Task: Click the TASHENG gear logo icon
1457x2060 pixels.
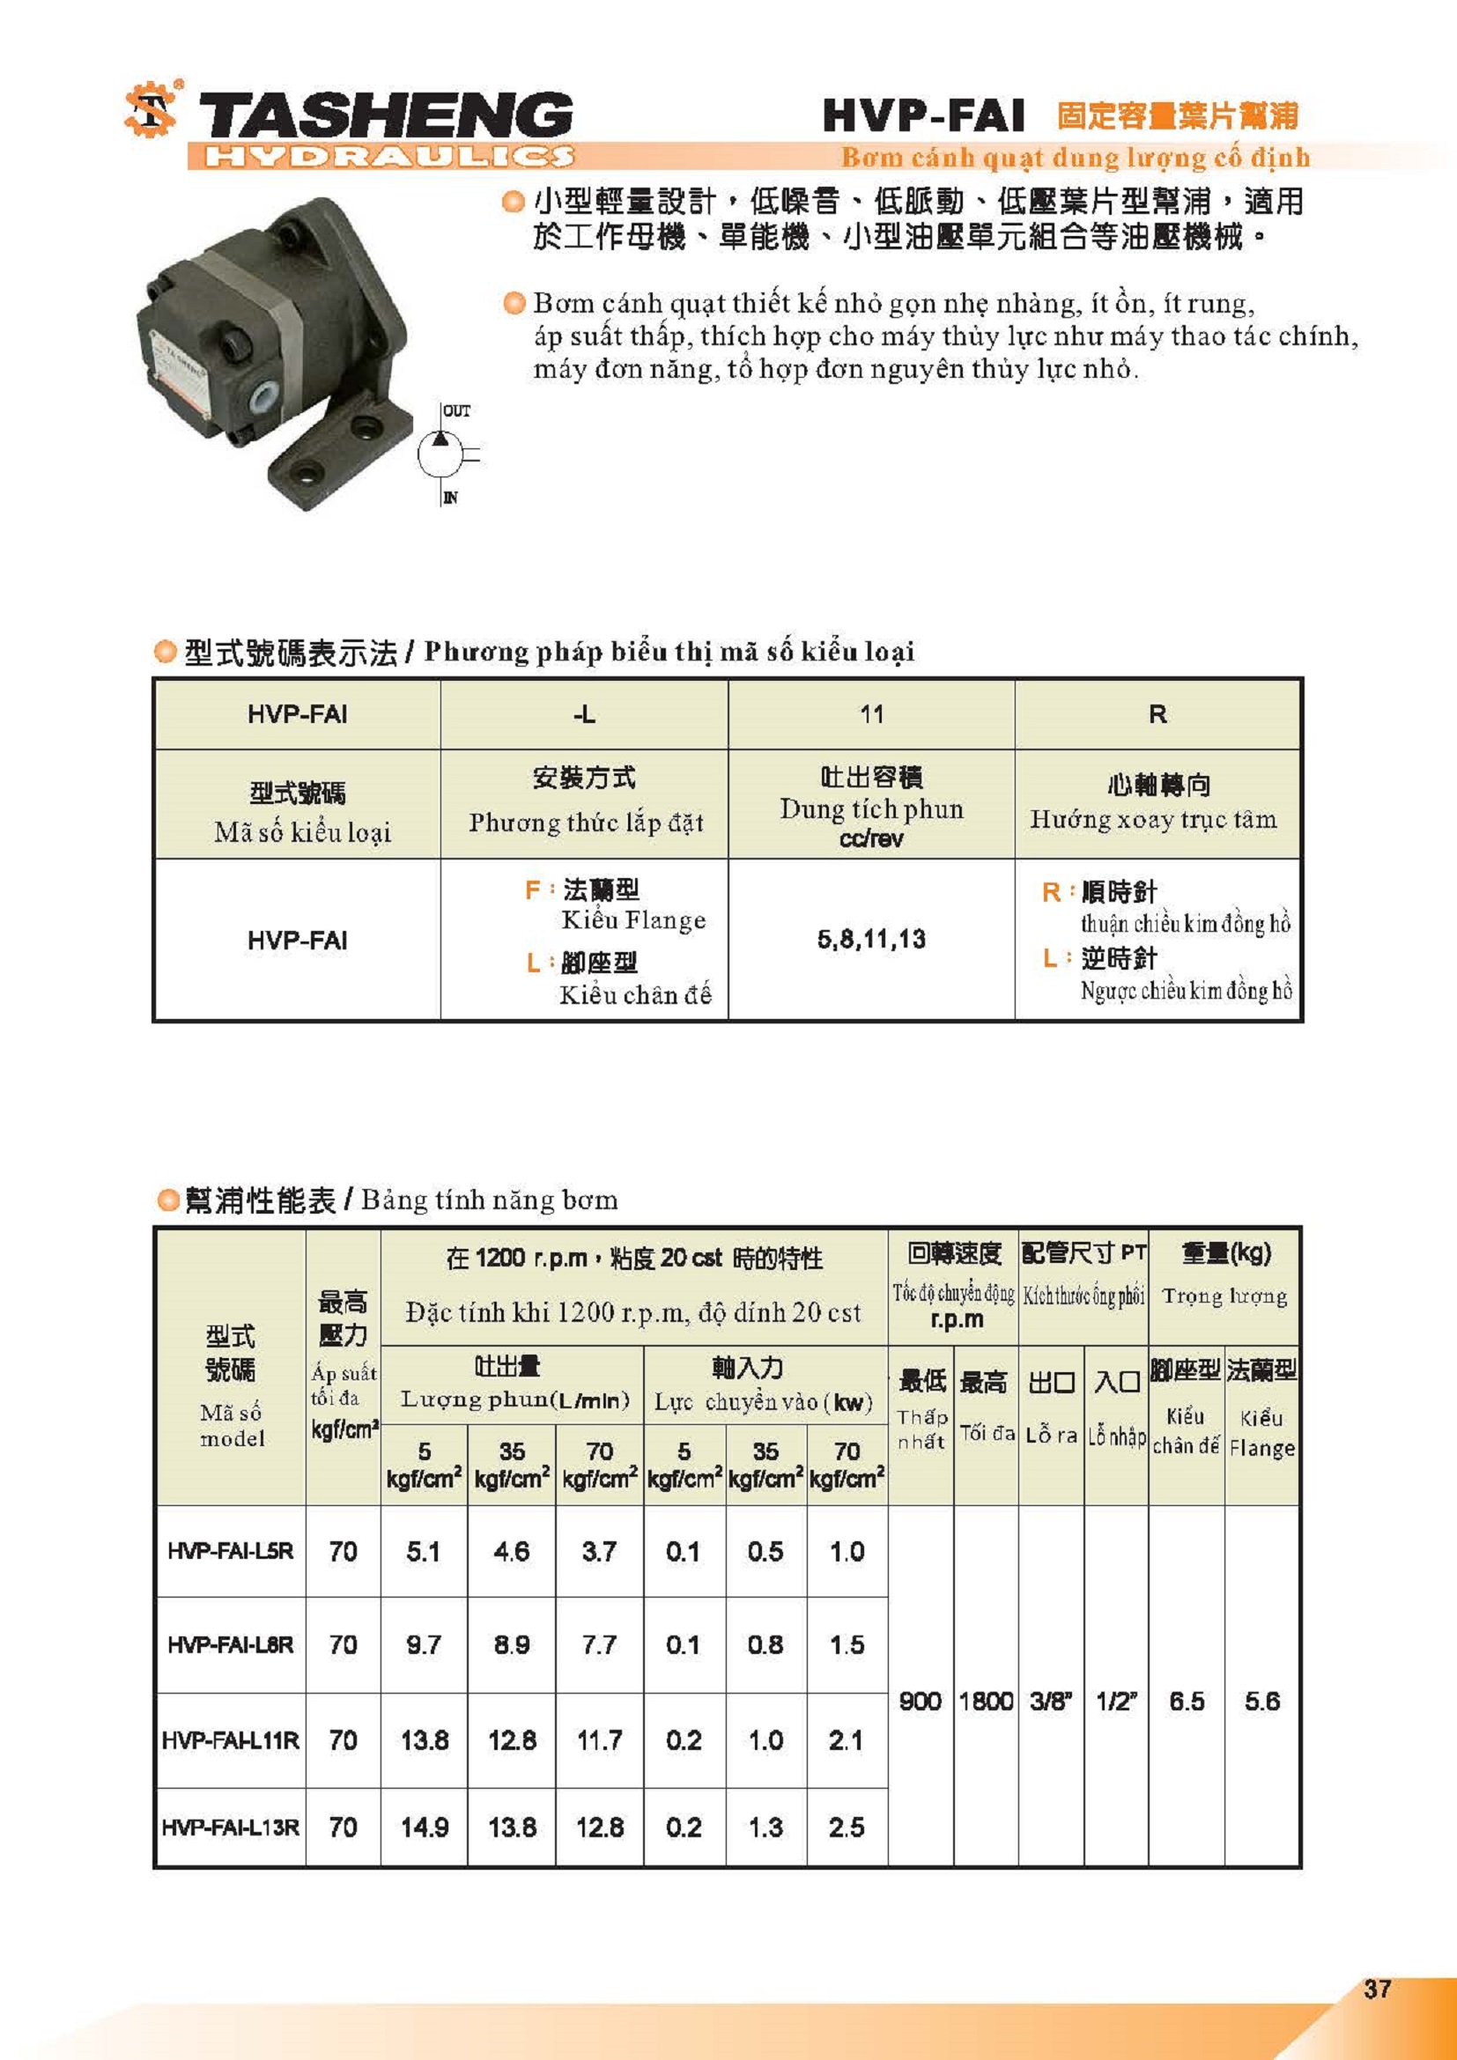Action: (150, 110)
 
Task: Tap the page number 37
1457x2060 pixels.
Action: (1377, 1989)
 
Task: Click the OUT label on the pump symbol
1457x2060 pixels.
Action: (455, 411)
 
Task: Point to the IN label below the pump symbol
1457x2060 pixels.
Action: (450, 498)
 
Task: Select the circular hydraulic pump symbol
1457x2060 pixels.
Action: (440, 454)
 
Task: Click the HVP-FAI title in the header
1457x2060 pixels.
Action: (923, 115)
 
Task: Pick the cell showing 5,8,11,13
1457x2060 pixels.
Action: (871, 940)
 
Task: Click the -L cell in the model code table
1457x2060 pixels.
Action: (584, 714)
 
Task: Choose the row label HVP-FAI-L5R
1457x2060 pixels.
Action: (231, 1551)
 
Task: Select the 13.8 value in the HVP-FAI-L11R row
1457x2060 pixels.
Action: (425, 1740)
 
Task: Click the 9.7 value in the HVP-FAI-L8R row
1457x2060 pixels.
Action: (424, 1644)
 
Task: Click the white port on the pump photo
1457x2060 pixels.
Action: (266, 395)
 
